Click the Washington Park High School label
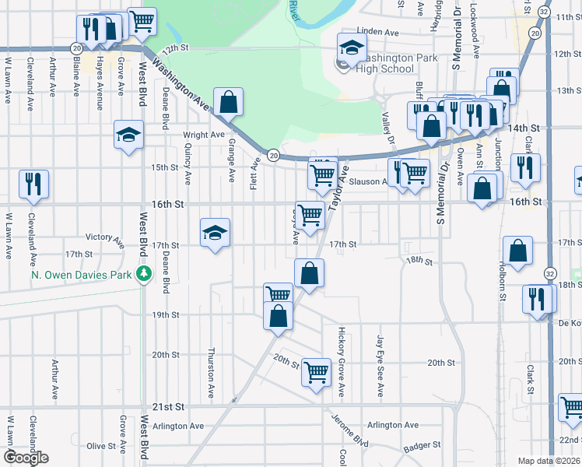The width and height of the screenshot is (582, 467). coord(385,61)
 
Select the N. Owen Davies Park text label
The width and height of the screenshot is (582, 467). coord(82,275)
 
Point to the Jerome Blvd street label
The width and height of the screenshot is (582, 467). coord(350,434)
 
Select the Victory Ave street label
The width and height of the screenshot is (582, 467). coord(104,237)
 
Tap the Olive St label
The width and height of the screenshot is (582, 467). coord(101,446)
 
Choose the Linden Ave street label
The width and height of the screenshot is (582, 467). coord(377,32)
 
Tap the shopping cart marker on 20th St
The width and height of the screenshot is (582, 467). coord(316,373)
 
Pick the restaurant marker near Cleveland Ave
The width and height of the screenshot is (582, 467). coord(34,184)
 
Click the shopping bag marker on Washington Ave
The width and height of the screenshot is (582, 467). coord(229,101)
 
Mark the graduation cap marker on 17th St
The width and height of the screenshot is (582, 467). coord(216,233)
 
